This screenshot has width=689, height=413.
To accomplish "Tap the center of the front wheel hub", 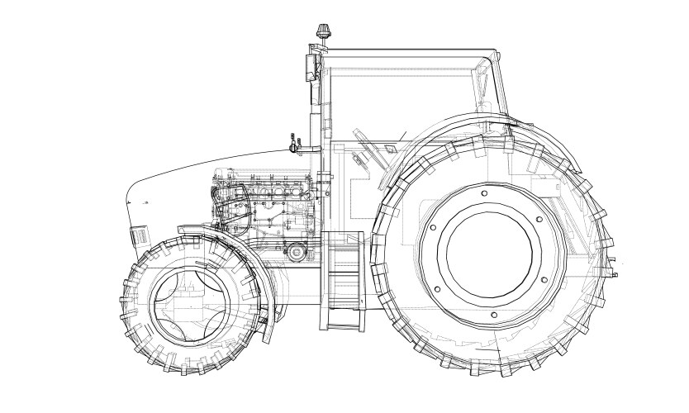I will [x=192, y=305].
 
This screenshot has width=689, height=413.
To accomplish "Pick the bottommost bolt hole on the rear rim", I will [x=493, y=315].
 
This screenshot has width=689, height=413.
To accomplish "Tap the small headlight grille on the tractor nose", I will [x=139, y=237].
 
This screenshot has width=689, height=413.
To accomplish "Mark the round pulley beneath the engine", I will [x=294, y=252].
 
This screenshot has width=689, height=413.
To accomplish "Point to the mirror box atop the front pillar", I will [x=311, y=66].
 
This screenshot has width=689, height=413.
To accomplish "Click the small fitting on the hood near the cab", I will [x=292, y=144].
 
